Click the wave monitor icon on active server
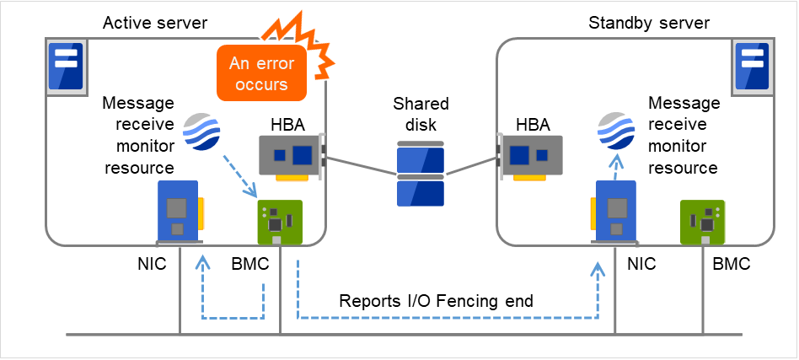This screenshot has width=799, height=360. coord(201,132)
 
